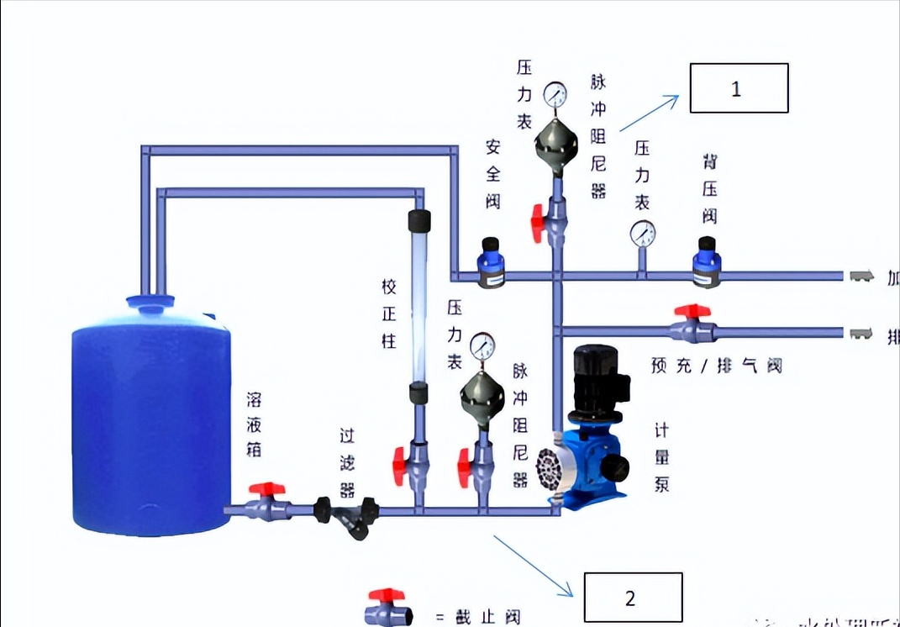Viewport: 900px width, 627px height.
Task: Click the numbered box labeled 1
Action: tap(739, 88)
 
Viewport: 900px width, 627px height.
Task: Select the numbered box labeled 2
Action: tap(633, 598)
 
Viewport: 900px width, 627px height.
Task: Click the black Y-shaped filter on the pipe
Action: tap(347, 514)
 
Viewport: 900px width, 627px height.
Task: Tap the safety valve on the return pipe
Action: tap(491, 262)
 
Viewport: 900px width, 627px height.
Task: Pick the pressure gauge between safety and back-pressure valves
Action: tap(642, 234)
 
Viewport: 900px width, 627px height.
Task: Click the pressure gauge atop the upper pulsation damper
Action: tap(555, 94)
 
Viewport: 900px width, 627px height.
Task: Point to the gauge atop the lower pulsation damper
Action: tap(482, 345)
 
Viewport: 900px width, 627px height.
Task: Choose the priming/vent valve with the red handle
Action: tap(693, 312)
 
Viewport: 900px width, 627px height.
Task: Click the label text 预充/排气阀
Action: tap(716, 366)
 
